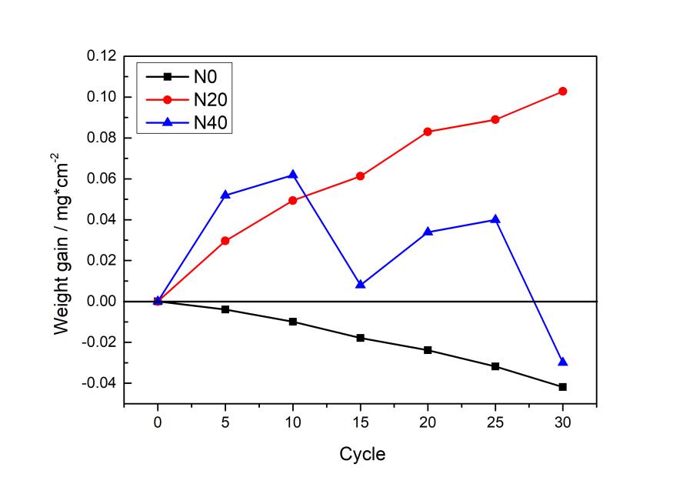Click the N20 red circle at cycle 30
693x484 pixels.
pyautogui.click(x=562, y=91)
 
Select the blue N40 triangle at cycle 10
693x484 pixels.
pyautogui.click(x=292, y=175)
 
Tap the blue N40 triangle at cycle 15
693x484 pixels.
pyautogui.click(x=360, y=285)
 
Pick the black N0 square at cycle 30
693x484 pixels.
pyautogui.click(x=562, y=387)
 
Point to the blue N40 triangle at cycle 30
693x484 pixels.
pyautogui.click(x=562, y=362)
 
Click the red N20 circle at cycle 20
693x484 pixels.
pyautogui.click(x=428, y=132)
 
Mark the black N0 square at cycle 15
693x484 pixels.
pyautogui.click(x=360, y=338)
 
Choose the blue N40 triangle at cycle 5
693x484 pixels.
pyautogui.click(x=225, y=195)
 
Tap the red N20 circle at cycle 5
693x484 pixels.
pyautogui.click(x=225, y=241)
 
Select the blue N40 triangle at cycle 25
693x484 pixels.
pyautogui.click(x=495, y=219)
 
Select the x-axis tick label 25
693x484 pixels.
pyautogui.click(x=495, y=422)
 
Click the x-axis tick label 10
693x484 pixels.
pyautogui.click(x=292, y=422)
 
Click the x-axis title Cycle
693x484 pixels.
pyautogui.click(x=362, y=454)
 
